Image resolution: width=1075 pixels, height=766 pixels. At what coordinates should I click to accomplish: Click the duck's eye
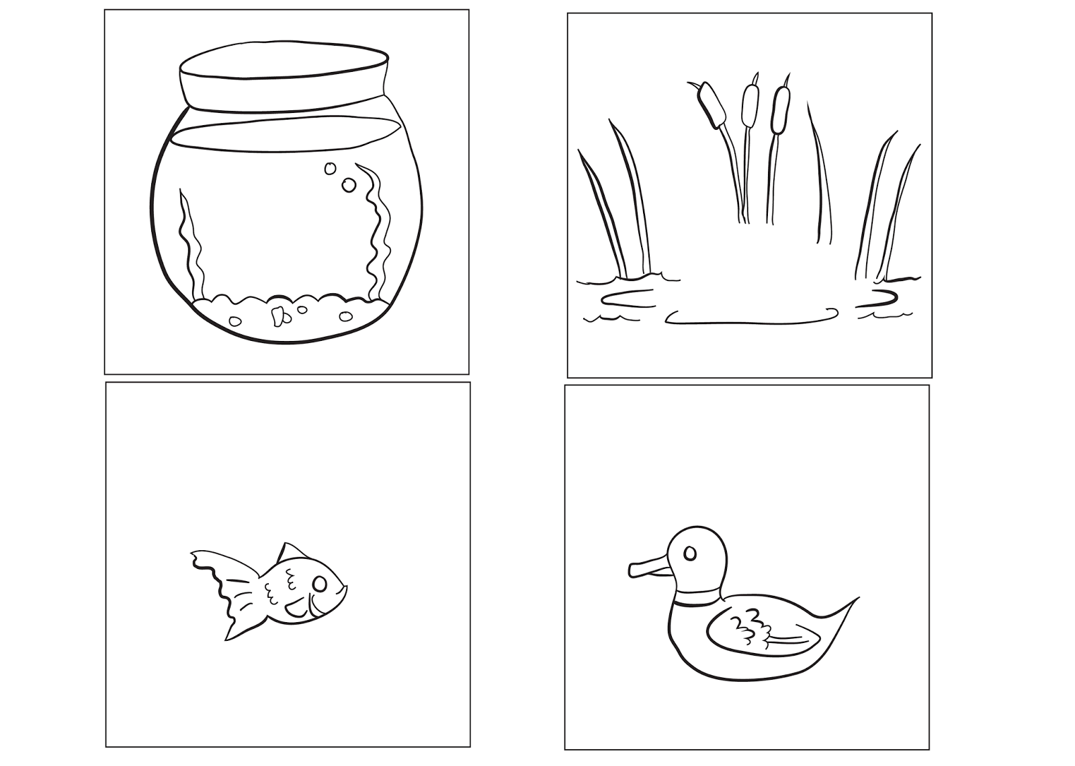click(689, 553)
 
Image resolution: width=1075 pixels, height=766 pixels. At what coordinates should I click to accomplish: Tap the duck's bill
click(646, 569)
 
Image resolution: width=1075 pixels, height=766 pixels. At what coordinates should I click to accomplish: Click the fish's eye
click(320, 583)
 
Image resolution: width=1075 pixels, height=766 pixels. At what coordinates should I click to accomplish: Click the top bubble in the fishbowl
click(330, 169)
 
